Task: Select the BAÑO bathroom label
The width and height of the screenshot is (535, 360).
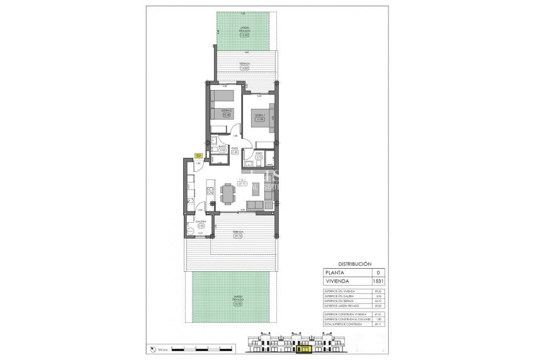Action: coord(222,147)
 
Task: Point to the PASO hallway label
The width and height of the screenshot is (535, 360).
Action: coord(235,149)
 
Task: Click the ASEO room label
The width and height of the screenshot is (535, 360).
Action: coord(259,154)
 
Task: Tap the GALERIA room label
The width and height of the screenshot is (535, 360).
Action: coord(201,222)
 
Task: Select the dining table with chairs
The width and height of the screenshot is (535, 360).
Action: coord(227,194)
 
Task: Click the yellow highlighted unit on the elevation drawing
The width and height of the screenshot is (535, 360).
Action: coord(305,347)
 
